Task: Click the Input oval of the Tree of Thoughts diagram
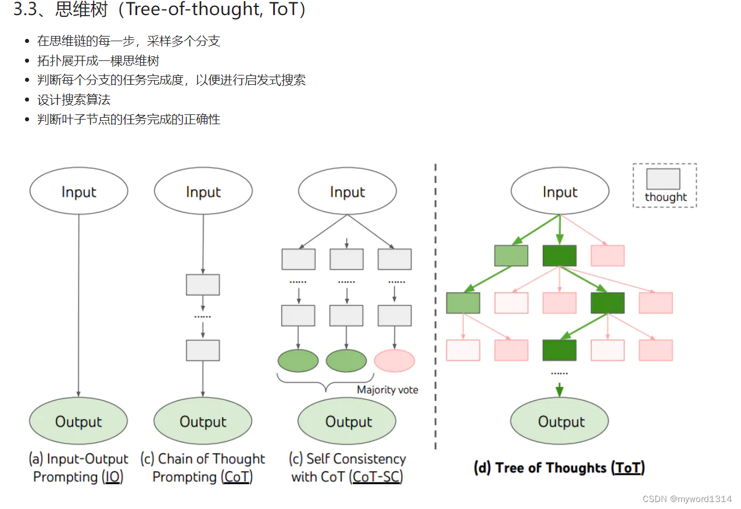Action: (560, 192)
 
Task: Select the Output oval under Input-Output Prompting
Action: (78, 421)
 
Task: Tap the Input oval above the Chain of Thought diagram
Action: (203, 192)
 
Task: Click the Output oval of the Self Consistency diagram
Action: (347, 421)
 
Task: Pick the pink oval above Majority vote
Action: (395, 360)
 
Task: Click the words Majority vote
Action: (387, 389)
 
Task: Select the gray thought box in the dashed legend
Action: (663, 179)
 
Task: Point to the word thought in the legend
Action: (665, 197)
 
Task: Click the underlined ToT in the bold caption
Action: (628, 468)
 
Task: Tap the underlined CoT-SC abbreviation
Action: (377, 477)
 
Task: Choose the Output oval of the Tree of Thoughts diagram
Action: (560, 421)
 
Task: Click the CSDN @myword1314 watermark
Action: (690, 499)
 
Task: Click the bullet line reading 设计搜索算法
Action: (74, 100)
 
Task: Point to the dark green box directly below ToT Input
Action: (559, 255)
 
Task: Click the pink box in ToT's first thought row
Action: (607, 255)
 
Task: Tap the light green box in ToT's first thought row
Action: (511, 255)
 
